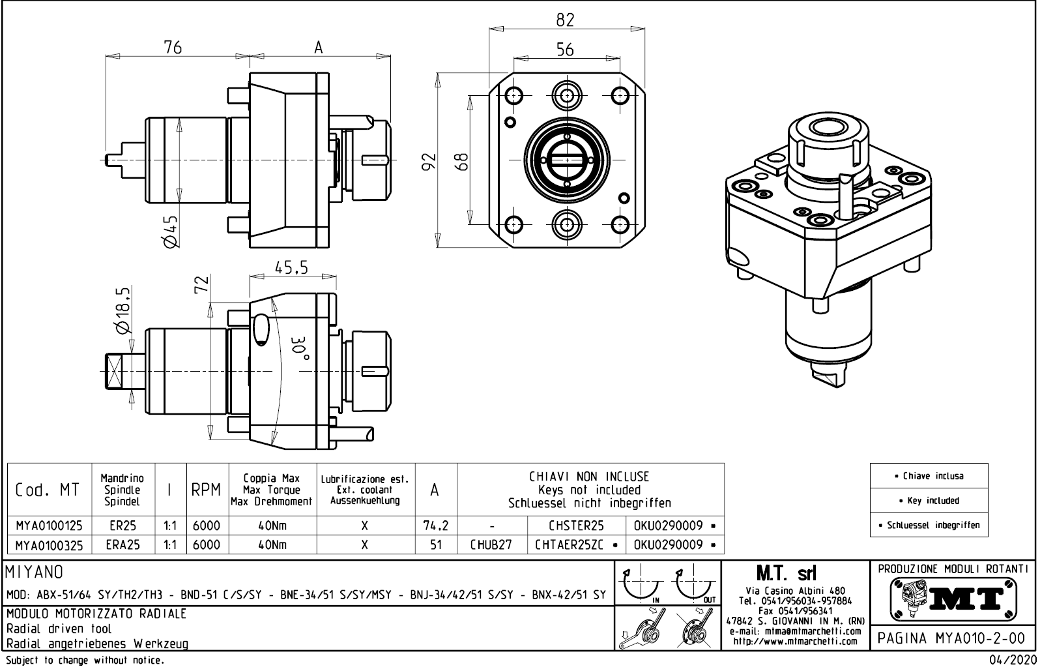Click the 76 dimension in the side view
coord(172,47)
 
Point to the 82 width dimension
coord(565,20)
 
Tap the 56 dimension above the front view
coord(565,50)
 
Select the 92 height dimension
coord(428,161)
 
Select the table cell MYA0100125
coord(49,526)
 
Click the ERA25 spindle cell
coord(123,544)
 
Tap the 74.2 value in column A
coord(436,526)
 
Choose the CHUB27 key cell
coord(491,544)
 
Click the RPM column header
coord(207,490)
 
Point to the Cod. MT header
coord(47,490)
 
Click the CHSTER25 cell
coord(576,526)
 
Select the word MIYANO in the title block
coord(35,572)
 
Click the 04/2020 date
coord(1012,661)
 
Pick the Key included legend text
coord(929,501)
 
